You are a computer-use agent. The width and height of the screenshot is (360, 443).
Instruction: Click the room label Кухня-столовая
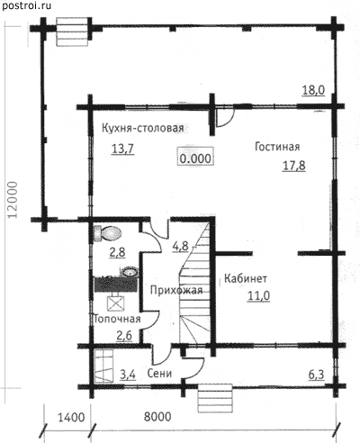(143, 128)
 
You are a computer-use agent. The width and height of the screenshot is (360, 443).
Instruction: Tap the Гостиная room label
(277, 147)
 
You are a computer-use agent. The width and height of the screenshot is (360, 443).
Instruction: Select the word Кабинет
(246, 278)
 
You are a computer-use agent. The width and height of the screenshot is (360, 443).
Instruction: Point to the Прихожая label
(176, 290)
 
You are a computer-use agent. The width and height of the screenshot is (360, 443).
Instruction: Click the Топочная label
(117, 319)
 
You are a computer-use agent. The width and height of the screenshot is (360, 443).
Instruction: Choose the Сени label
(159, 374)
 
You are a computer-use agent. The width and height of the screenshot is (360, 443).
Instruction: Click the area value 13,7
(122, 149)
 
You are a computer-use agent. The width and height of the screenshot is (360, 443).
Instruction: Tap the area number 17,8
(294, 166)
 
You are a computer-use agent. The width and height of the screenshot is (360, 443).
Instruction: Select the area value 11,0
(258, 296)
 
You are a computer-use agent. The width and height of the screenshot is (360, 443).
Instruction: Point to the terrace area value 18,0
(313, 90)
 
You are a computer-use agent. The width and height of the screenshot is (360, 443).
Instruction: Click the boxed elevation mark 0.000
(195, 158)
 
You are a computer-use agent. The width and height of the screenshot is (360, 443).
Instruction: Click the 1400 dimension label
(71, 417)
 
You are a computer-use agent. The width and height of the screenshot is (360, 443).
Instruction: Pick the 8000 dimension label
(157, 417)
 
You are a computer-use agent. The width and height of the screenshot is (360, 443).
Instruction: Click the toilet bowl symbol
(107, 233)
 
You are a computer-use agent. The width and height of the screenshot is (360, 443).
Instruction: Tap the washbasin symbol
(130, 271)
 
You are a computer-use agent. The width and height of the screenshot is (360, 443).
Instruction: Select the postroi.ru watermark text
(26, 5)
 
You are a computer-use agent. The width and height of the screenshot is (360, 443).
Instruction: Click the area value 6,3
(317, 375)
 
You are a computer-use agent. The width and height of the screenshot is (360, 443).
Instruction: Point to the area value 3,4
(128, 375)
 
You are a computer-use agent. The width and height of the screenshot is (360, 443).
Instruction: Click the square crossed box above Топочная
(115, 303)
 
